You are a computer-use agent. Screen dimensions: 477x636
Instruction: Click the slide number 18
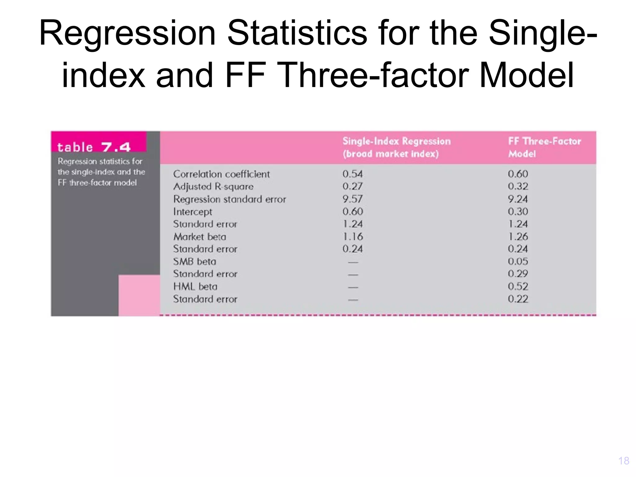point(624,461)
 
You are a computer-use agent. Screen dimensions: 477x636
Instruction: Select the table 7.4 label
point(94,147)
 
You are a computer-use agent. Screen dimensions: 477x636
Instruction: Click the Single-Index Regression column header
point(396,147)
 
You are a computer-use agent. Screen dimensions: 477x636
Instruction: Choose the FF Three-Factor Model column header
point(544,147)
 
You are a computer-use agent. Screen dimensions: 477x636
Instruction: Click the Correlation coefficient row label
point(221,174)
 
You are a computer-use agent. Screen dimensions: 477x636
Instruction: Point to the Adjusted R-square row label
point(213,186)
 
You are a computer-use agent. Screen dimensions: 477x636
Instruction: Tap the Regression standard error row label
point(229,199)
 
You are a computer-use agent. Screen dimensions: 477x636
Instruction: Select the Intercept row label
point(193,211)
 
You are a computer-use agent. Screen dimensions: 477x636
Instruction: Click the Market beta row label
point(200,237)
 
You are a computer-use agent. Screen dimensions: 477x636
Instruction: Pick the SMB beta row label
point(195,261)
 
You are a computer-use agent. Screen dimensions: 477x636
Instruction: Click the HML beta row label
point(195,286)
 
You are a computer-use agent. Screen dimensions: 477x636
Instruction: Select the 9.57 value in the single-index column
point(352,199)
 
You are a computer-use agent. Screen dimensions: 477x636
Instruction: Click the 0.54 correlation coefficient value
point(352,174)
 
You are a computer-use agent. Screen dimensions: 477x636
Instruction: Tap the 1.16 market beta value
point(352,237)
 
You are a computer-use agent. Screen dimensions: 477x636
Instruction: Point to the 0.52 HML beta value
point(518,286)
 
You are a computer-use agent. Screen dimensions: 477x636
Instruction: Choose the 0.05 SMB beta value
point(518,261)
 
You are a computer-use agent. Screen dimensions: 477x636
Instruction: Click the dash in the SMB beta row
point(353,262)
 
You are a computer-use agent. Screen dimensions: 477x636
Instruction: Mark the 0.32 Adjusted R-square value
point(518,186)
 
